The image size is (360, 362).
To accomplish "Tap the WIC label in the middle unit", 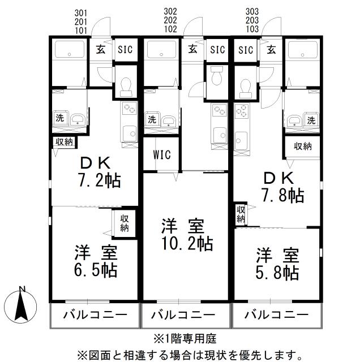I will [161, 154].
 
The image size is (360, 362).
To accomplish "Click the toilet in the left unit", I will [125, 84].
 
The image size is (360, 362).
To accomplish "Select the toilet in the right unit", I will [245, 84].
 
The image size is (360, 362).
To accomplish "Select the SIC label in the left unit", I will [125, 49].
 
